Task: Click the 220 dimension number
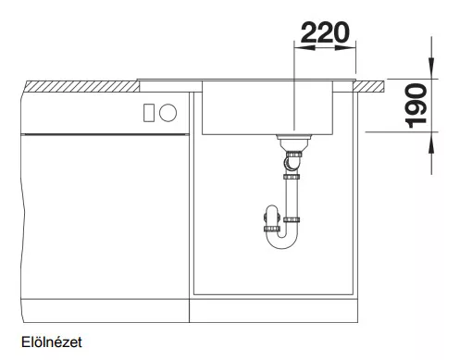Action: coord(325,32)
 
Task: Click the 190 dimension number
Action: coord(416,106)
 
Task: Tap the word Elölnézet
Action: coord(52,342)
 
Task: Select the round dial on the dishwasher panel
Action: coord(168,113)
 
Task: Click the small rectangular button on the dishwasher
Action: coord(148,113)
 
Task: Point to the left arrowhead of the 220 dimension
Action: coord(305,48)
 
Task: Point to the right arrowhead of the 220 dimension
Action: coord(345,48)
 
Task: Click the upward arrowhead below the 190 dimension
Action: coord(431,143)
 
